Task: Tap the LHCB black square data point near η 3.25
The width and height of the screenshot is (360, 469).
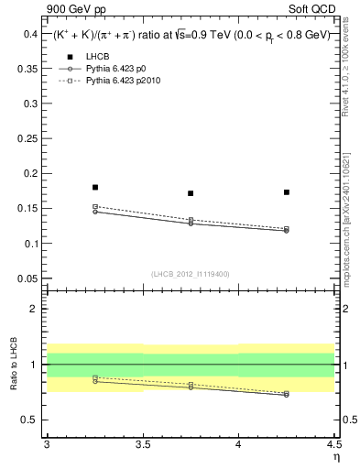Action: tap(95, 187)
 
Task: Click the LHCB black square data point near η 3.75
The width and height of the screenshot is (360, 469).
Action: tap(191, 193)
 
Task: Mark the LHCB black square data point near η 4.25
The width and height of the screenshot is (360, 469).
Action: tap(287, 192)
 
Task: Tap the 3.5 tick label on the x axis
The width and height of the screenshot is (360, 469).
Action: tap(142, 445)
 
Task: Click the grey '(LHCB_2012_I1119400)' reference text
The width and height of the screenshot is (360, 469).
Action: tap(191, 274)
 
